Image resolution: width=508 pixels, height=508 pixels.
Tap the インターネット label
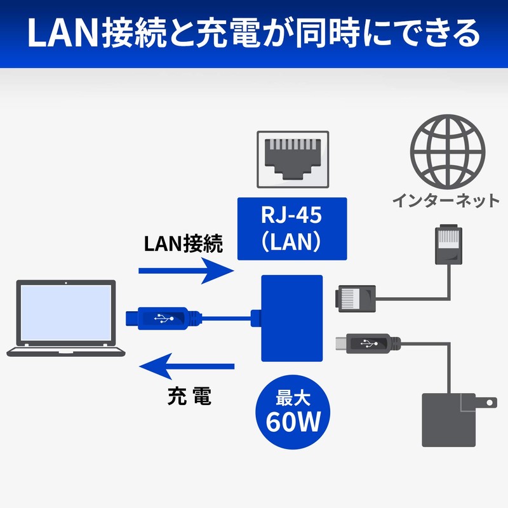coord(445,201)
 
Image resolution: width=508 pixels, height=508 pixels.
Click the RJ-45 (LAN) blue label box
coord(291,229)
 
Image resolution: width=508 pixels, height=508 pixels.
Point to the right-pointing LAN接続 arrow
coord(184,271)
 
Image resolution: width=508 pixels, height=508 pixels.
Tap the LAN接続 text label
coord(184,243)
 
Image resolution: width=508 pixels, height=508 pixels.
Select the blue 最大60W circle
coord(292,412)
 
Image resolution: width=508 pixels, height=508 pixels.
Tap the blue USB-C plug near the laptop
coord(162,317)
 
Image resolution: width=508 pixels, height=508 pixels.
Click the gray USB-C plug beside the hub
coord(368,344)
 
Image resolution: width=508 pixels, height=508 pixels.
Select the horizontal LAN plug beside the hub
coord(356,297)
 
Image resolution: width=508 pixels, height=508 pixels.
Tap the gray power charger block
coord(448,419)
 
